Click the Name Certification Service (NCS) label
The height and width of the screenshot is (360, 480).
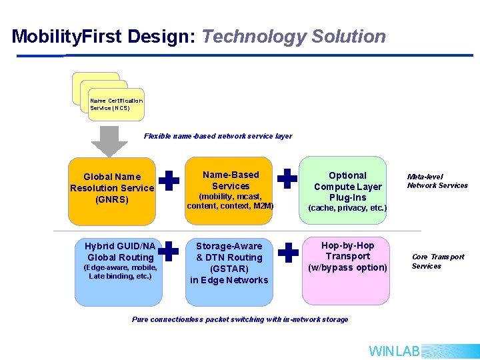[116, 104]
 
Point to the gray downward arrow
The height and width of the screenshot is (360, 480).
[109, 141]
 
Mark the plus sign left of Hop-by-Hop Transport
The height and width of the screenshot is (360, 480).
[287, 252]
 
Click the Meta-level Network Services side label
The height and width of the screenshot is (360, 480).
[437, 181]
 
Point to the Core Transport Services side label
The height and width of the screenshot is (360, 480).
[438, 261]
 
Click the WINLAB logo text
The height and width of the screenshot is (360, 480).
[394, 351]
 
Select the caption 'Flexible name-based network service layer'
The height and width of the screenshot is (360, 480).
[218, 136]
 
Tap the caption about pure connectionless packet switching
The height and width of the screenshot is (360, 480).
[240, 319]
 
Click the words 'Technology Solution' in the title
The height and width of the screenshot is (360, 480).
[293, 37]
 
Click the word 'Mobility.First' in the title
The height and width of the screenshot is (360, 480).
[67, 37]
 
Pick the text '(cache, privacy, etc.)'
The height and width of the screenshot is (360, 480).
[347, 208]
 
